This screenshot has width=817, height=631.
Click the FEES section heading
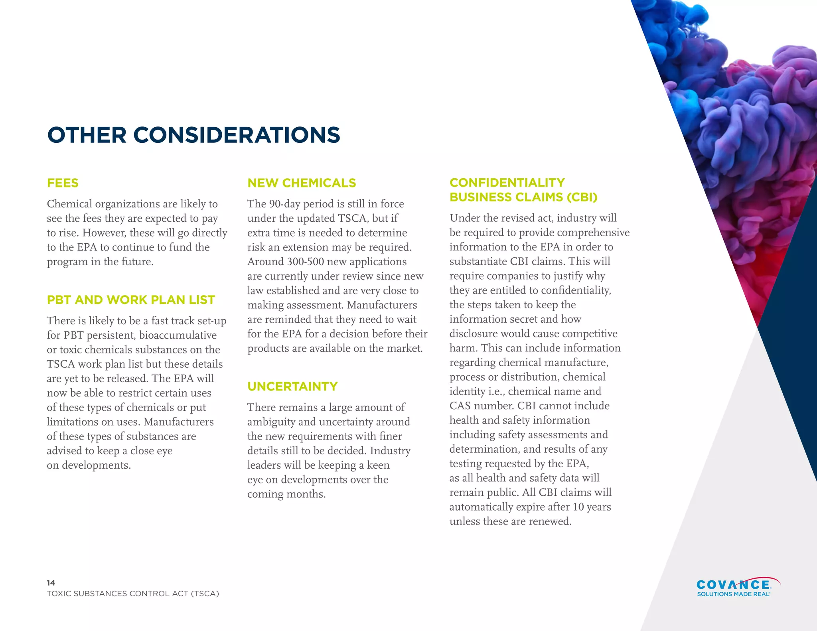tap(63, 183)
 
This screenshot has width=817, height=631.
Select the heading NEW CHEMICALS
tap(302, 183)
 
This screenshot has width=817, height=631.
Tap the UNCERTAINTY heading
tap(292, 386)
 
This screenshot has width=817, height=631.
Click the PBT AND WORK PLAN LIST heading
tap(131, 300)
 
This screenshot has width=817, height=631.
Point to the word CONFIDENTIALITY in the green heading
tap(507, 183)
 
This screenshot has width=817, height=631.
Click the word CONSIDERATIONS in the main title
tap(237, 135)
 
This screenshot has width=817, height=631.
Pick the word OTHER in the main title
tap(87, 135)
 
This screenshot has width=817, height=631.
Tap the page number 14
tap(51, 583)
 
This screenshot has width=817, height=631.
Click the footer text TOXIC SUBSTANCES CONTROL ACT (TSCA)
tap(133, 594)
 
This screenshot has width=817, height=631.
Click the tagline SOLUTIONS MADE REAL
tap(733, 594)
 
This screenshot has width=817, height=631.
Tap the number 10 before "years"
tap(578, 507)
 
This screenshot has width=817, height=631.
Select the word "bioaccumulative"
tap(178, 335)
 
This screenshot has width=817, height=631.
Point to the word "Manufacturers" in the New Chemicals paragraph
tap(382, 305)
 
